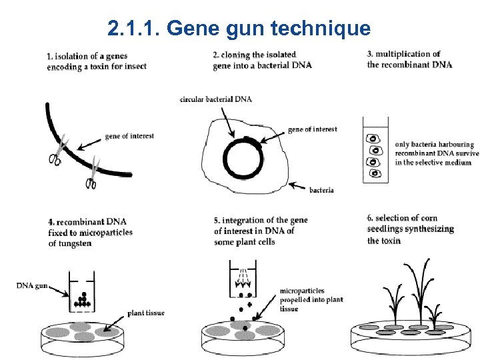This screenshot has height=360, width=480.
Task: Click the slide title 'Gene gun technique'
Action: pyautogui.click(x=239, y=29)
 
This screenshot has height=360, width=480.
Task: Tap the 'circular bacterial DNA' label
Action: pyautogui.click(x=215, y=99)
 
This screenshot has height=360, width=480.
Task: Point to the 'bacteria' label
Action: pyautogui.click(x=321, y=190)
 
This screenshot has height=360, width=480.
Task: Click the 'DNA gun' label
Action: pyautogui.click(x=31, y=286)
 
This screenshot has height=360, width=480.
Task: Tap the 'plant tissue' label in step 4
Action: pyautogui.click(x=147, y=312)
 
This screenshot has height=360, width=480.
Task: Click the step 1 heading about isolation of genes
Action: pyautogui.click(x=97, y=61)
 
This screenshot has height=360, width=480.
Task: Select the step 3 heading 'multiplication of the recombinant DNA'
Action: pyautogui.click(x=409, y=59)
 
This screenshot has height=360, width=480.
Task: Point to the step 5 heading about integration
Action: pyautogui.click(x=260, y=231)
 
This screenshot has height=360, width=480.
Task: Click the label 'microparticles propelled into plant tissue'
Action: pyautogui.click(x=311, y=299)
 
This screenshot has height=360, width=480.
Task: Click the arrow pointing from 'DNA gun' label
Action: pyautogui.click(x=58, y=291)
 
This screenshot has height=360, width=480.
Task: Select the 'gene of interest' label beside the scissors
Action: pyautogui.click(x=129, y=136)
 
